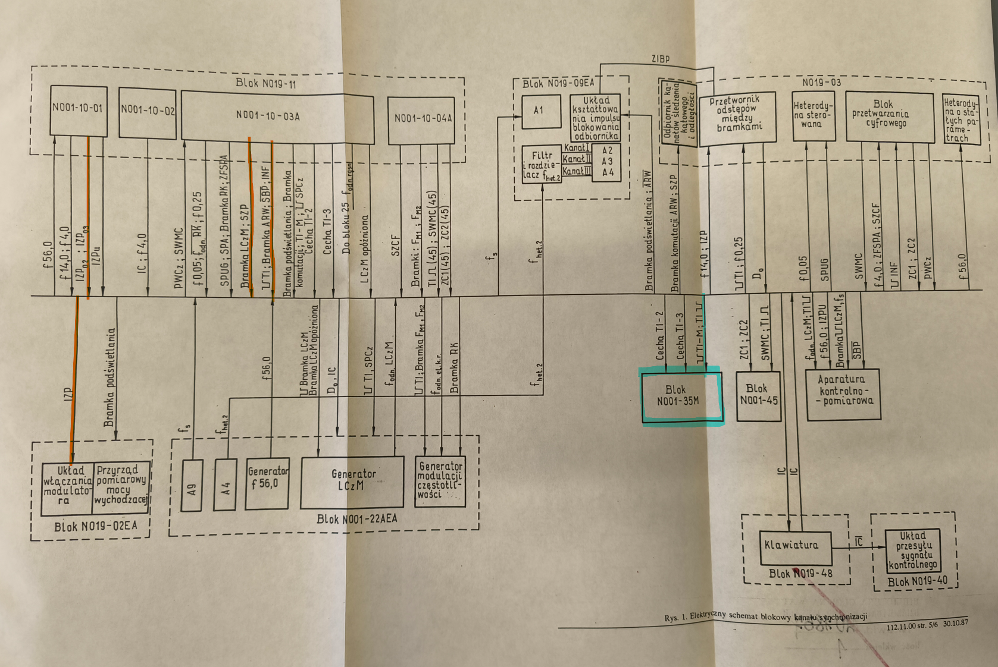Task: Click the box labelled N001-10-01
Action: pos(78,110)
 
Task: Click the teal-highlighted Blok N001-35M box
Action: pos(682,397)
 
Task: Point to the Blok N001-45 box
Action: pos(759,397)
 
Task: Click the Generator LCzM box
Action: pos(352,482)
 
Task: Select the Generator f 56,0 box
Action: pos(267,483)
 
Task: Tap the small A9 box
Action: pos(192,485)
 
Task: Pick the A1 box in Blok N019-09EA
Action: pos(541,112)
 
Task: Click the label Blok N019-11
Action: pos(266,83)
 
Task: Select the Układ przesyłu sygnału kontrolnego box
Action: pos(913,551)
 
